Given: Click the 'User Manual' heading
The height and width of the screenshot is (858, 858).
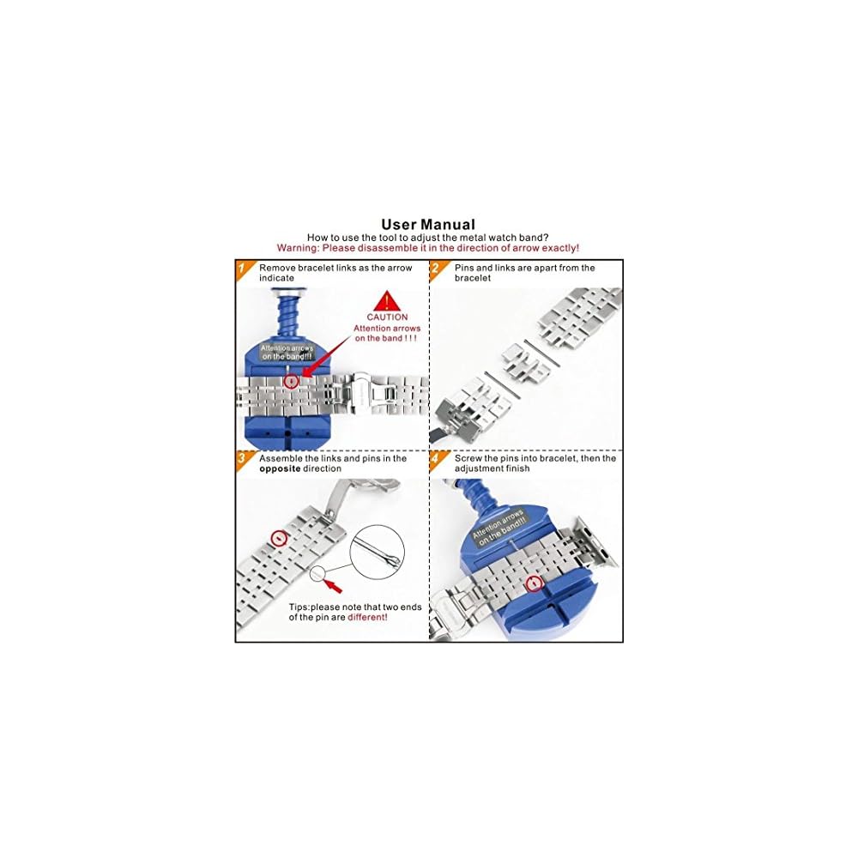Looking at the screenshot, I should pyautogui.click(x=428, y=225).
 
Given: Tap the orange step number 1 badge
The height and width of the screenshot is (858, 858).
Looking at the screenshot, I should pyautogui.click(x=243, y=269).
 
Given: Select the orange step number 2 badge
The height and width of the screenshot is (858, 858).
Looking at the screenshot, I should pyautogui.click(x=437, y=269).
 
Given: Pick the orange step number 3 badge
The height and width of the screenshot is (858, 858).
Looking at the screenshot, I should pyautogui.click(x=243, y=460).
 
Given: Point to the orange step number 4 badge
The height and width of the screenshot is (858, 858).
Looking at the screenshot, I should pyautogui.click(x=437, y=460).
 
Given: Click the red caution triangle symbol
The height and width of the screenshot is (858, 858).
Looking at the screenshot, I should pyautogui.click(x=387, y=301).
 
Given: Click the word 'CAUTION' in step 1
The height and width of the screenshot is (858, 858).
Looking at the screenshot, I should pyautogui.click(x=387, y=317).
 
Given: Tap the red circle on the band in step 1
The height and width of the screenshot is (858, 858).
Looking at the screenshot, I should pyautogui.click(x=291, y=380).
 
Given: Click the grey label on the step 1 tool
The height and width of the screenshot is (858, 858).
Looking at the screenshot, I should pyautogui.click(x=287, y=352).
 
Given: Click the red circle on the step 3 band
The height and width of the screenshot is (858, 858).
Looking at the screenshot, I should pyautogui.click(x=278, y=539).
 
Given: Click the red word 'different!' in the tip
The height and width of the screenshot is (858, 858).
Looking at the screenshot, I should pyautogui.click(x=367, y=617).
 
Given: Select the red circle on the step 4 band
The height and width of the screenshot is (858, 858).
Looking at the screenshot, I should pyautogui.click(x=535, y=583).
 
